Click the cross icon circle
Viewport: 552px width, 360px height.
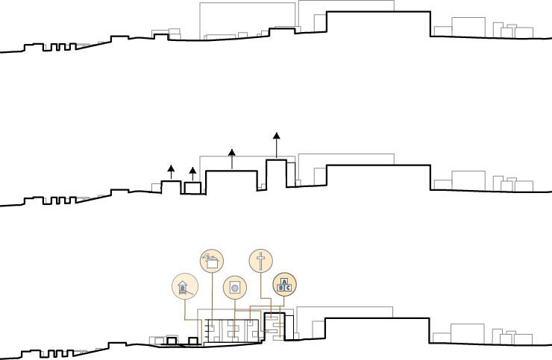point(260,261)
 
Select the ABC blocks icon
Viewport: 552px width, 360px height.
point(284,284)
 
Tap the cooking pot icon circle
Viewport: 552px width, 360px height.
point(212,261)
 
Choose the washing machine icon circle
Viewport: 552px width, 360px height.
point(235,287)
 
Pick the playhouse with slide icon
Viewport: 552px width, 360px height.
point(184,287)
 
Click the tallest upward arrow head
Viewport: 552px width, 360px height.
point(277,136)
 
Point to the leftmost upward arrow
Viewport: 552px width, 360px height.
point(171,172)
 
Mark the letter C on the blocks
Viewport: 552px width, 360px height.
point(287,287)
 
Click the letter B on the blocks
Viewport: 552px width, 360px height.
point(281,287)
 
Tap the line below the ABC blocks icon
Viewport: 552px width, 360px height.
point(284,301)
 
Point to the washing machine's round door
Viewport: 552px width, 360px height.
point(235,288)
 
